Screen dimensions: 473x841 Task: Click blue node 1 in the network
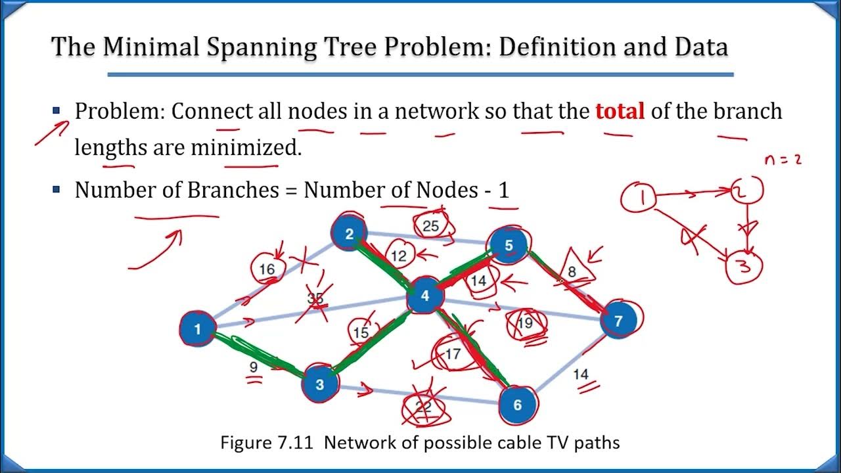click(x=197, y=328)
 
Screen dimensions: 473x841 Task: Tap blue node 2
click(x=350, y=233)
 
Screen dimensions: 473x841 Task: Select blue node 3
click(x=319, y=384)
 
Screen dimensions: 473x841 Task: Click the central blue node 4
click(x=424, y=296)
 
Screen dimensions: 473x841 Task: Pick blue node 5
click(x=509, y=245)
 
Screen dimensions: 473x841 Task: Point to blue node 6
click(x=517, y=405)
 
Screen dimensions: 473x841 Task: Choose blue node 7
click(x=617, y=321)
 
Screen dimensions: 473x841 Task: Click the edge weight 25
click(x=431, y=226)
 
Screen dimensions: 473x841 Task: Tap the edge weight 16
click(x=267, y=269)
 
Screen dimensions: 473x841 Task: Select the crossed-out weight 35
click(x=316, y=298)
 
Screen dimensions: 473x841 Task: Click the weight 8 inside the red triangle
click(x=572, y=270)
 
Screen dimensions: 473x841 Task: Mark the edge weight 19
click(x=524, y=323)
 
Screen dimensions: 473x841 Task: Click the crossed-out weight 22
click(x=424, y=408)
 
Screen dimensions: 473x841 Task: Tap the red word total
click(x=620, y=111)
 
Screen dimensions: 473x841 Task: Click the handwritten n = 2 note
click(x=783, y=160)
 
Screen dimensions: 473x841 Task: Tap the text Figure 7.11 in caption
click(x=268, y=442)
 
